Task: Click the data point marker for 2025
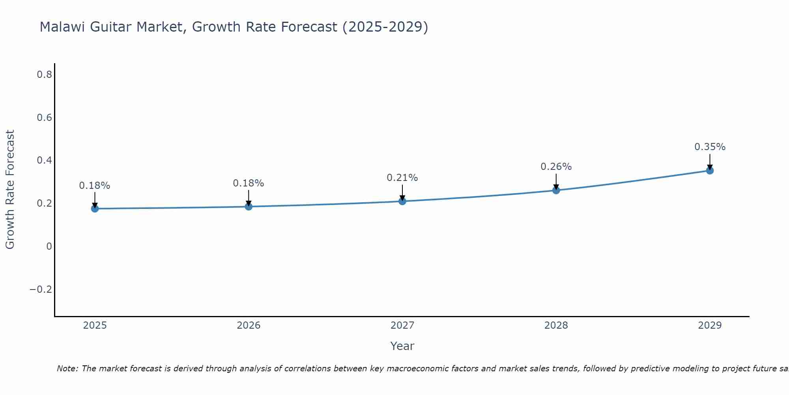point(95,209)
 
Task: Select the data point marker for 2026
point(249,207)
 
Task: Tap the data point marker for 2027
point(402,201)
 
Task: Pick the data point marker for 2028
point(556,190)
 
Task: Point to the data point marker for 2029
point(710,171)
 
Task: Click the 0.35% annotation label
point(710,147)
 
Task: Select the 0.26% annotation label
point(556,167)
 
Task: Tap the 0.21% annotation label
point(402,178)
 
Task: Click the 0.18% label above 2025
point(95,186)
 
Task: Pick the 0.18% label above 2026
point(248,183)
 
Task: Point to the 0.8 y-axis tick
point(44,74)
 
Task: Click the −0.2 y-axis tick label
point(41,290)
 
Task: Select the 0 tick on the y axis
point(49,246)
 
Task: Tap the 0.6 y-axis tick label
point(44,117)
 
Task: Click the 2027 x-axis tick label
point(402,325)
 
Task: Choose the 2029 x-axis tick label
point(710,325)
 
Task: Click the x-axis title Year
point(402,346)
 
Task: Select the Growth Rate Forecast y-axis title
point(10,190)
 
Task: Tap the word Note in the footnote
point(67,369)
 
